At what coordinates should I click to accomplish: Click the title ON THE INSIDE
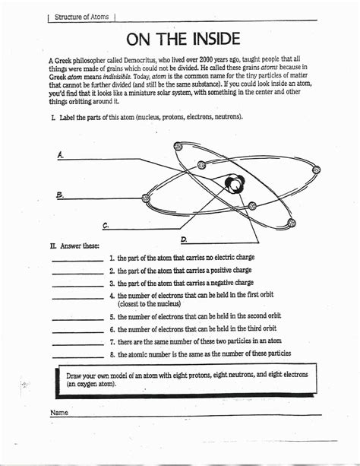182,39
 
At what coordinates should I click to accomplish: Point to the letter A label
61,154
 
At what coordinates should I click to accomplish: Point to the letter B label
60,195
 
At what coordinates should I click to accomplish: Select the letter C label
106,225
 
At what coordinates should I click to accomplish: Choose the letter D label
184,238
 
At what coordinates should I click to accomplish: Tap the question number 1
112,258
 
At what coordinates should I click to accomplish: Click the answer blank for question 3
77,285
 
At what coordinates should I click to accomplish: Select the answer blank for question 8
77,355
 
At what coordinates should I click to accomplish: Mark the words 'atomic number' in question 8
150,353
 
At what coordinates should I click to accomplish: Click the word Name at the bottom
59,413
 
